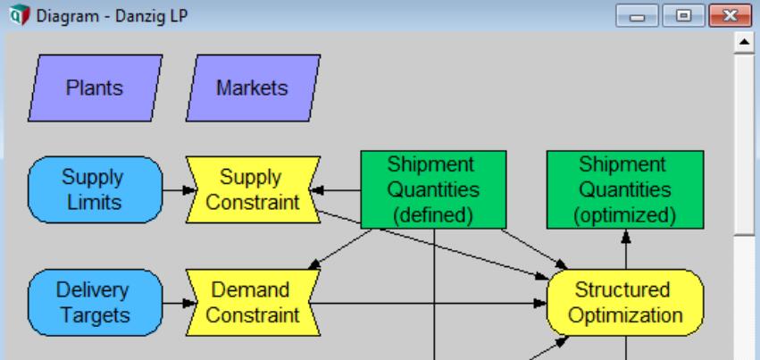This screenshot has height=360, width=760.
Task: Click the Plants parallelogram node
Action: (x=99, y=88)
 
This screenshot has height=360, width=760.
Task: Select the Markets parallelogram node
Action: (x=253, y=88)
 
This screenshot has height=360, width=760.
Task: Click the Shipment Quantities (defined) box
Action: (x=433, y=189)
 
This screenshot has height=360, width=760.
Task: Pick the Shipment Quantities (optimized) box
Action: (x=625, y=189)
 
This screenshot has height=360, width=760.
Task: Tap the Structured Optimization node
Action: (x=625, y=303)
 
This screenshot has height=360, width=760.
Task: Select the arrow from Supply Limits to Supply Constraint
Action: (x=176, y=189)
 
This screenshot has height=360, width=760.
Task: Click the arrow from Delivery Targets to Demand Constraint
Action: (x=176, y=303)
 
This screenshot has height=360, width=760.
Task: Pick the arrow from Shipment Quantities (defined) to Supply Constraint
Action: (x=340, y=189)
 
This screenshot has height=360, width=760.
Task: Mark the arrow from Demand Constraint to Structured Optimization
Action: (x=429, y=303)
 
